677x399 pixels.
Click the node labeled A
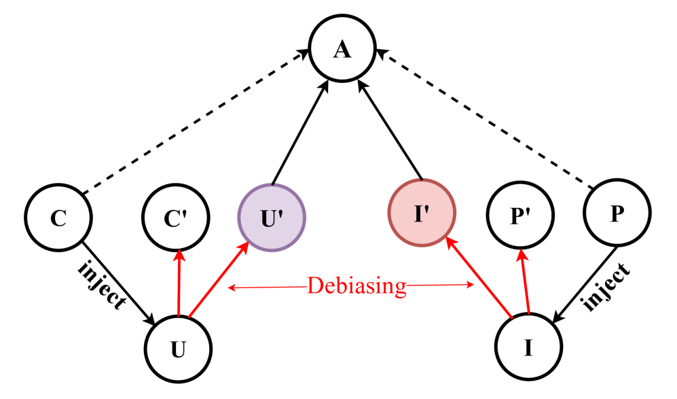(342, 49)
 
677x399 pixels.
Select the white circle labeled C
(58, 218)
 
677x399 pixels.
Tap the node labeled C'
(176, 218)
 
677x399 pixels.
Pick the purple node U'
(272, 218)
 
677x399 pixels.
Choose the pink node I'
(422, 213)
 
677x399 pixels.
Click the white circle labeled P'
(520, 216)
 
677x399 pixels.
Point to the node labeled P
(617, 213)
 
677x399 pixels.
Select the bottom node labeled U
(178, 349)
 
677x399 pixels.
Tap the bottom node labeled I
(528, 347)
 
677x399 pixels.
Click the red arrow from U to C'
(179, 285)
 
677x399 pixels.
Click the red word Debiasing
(356, 285)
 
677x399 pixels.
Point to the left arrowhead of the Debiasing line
(232, 288)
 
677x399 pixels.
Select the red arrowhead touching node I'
(450, 243)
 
